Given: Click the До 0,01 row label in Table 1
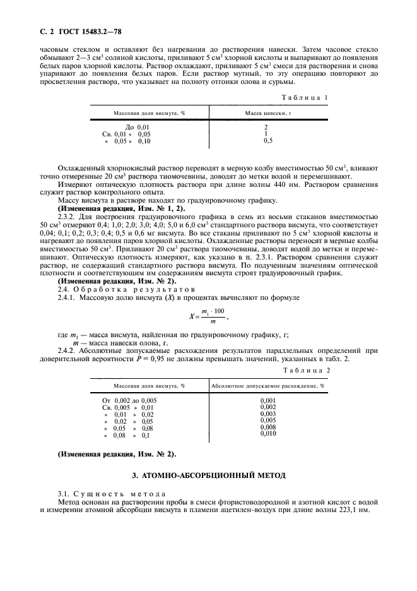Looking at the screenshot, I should (x=138, y=127).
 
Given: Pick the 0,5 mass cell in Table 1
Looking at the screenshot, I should (x=267, y=140).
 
